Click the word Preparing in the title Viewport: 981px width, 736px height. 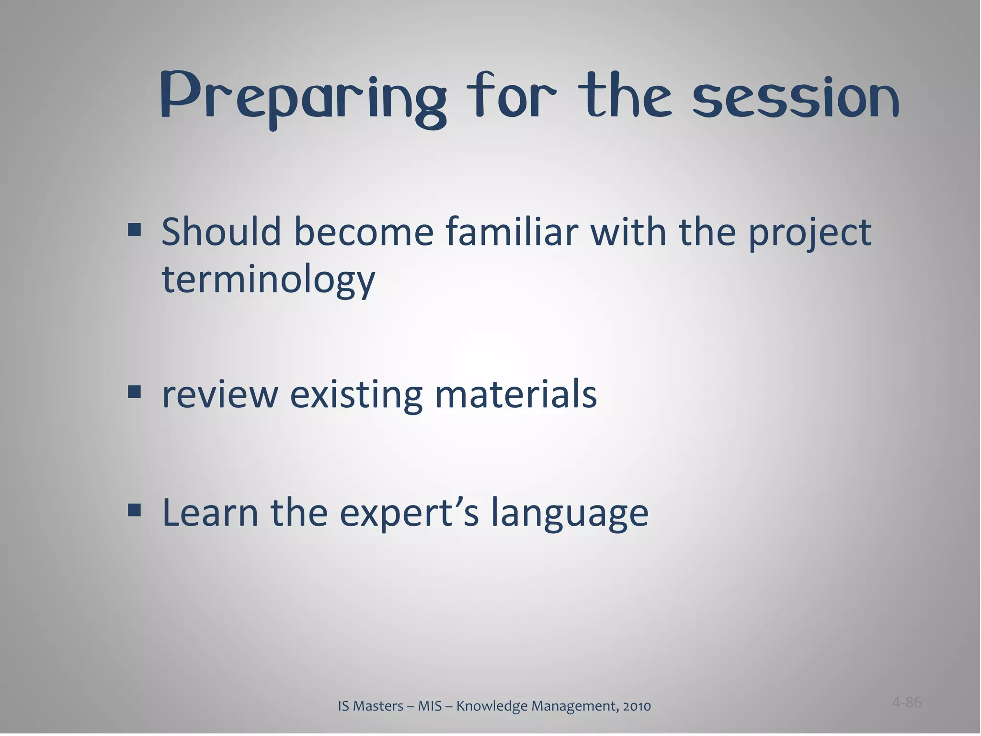coord(303,98)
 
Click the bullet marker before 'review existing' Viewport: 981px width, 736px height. coord(135,393)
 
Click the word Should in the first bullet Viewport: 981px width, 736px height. coord(221,232)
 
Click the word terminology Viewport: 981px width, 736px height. coord(268,280)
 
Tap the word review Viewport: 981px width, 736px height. coord(220,395)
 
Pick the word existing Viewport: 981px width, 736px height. coord(356,396)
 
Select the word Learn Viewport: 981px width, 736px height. coord(210,512)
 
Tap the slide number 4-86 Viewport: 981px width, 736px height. coord(906,702)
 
